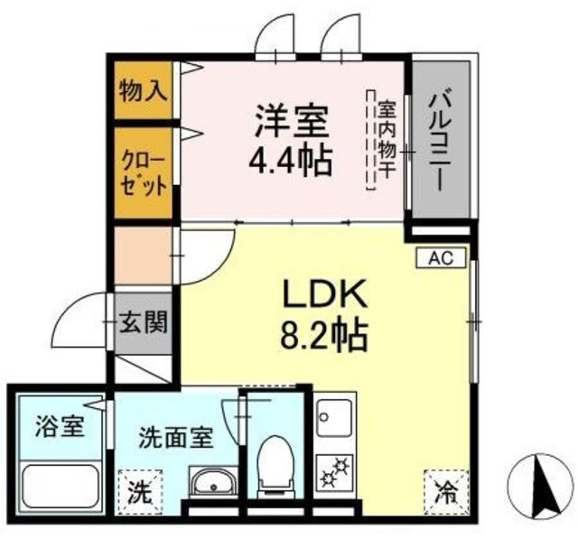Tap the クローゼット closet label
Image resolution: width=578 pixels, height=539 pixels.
click(144, 174)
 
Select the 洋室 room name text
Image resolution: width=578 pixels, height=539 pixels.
click(290, 120)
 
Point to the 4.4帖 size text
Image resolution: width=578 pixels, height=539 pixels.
click(291, 161)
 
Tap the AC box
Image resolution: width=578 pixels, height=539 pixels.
click(440, 258)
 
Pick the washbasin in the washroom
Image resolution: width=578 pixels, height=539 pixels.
click(213, 482)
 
